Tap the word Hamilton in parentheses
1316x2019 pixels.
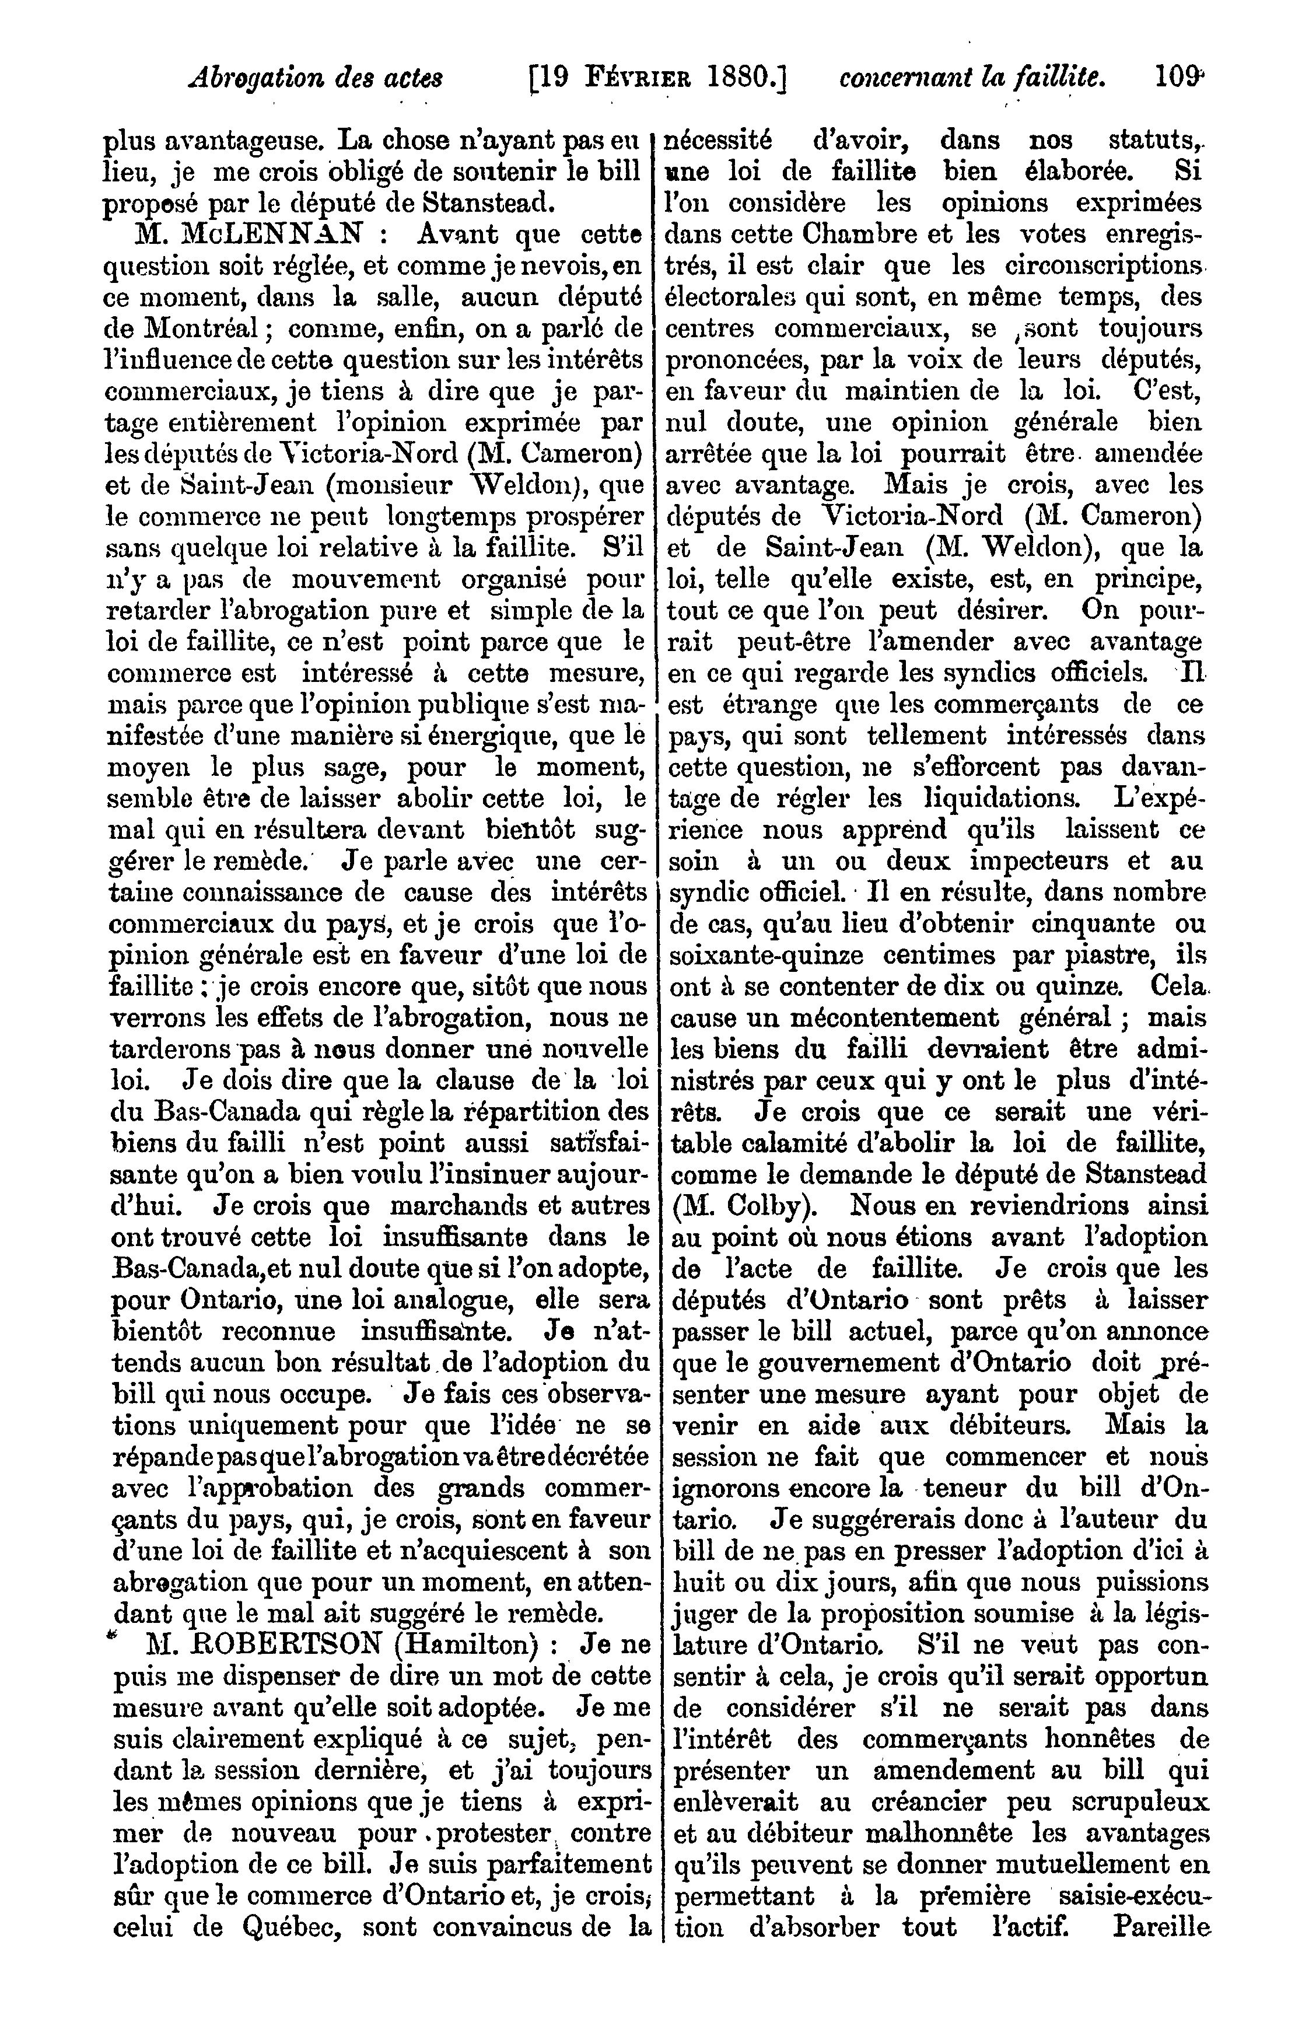[x=464, y=1646]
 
